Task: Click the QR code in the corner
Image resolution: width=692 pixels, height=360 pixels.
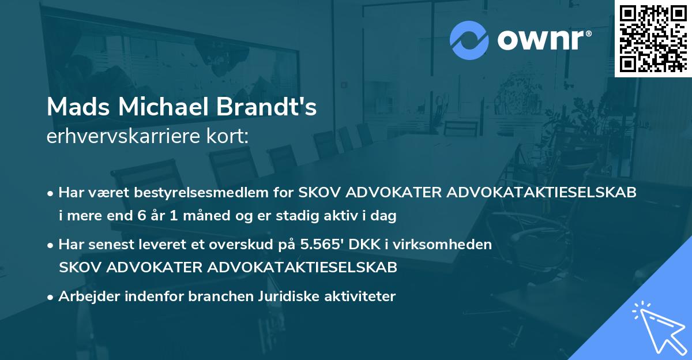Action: (x=653, y=38)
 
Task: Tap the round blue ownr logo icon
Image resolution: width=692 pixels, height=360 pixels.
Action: (x=469, y=40)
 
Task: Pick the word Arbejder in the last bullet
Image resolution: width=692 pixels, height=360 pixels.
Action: (x=84, y=297)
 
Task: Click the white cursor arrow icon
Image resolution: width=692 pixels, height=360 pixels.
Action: (x=660, y=326)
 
